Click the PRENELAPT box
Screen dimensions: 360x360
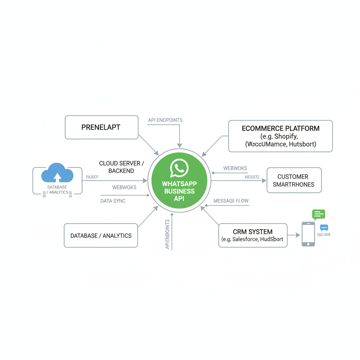[101, 127]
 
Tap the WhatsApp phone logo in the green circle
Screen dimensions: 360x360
[179, 168]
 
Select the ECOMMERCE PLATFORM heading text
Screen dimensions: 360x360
[281, 128]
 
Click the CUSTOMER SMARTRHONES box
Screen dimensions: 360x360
[294, 180]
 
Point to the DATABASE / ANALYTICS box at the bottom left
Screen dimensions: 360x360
[101, 236]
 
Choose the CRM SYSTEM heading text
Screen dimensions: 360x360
[252, 232]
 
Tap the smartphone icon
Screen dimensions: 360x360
[308, 234]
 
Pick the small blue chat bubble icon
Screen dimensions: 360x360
[324, 228]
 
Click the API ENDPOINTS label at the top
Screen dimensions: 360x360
[165, 120]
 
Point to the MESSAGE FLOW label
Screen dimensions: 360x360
[231, 201]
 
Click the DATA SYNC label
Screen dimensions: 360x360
[113, 201]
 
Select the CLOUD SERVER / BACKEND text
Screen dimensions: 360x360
[122, 167]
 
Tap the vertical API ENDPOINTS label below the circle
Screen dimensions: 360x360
[167, 234]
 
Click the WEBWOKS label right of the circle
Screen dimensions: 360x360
[235, 168]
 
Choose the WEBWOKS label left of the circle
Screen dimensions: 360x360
[124, 187]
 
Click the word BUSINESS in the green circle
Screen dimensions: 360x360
[179, 191]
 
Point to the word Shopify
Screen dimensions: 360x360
[286, 136]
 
